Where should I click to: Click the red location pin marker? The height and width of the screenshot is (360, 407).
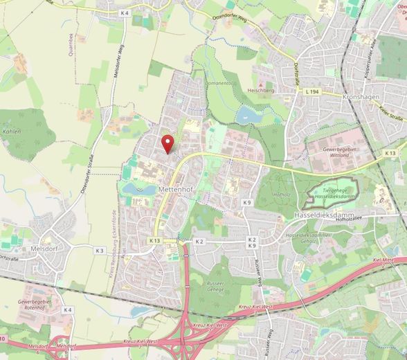pos(167,143)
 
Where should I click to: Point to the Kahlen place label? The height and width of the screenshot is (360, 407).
pos(12,131)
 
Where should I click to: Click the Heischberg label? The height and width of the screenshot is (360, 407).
pos(262,89)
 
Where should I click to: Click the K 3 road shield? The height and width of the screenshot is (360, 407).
pos(99,250)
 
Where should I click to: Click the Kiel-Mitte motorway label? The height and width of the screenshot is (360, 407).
pos(383,259)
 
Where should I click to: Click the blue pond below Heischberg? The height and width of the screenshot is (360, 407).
pos(248,114)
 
